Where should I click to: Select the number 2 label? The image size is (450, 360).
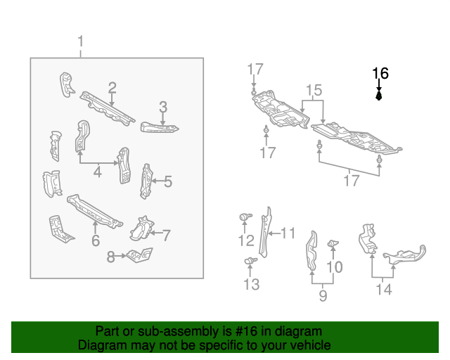tap(112, 87)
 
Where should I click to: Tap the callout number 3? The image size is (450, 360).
tap(163, 107)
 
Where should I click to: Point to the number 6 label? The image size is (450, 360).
tap(96, 241)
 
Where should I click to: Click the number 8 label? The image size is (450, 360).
tap(111, 257)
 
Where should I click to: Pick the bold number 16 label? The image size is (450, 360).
tap(380, 72)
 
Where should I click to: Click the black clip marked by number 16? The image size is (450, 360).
tap(380, 96)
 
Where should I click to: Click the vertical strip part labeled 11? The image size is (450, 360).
tap(268, 231)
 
